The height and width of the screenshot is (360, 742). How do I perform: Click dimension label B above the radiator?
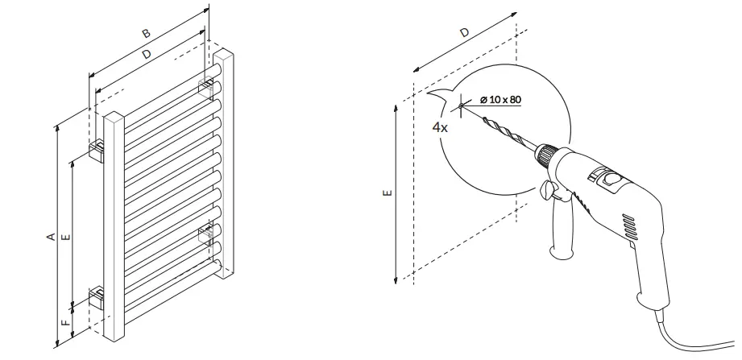pyautogui.click(x=146, y=35)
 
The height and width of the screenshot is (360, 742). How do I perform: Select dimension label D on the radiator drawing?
pyautogui.click(x=146, y=55)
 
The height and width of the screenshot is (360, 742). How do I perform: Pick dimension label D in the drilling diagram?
pyautogui.click(x=465, y=33)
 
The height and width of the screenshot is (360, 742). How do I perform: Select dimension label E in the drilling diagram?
pyautogui.click(x=388, y=193)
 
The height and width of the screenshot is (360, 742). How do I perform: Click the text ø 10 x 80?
pyautogui.click(x=500, y=99)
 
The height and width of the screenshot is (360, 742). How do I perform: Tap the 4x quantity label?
pyautogui.click(x=440, y=127)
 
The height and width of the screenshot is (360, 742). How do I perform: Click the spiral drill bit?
pyautogui.click(x=508, y=134)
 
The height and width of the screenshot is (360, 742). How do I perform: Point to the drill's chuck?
pyautogui.click(x=547, y=154)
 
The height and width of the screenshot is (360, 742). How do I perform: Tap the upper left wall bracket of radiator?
pyautogui.click(x=97, y=148)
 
